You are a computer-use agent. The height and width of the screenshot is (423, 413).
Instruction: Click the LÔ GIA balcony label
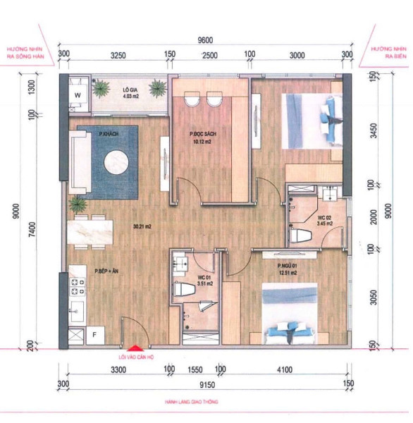129,90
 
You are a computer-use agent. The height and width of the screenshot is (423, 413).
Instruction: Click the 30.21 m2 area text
143,227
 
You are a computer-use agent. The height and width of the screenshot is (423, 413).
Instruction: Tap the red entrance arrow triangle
132,346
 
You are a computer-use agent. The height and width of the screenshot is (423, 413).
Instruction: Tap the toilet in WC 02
302,235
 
